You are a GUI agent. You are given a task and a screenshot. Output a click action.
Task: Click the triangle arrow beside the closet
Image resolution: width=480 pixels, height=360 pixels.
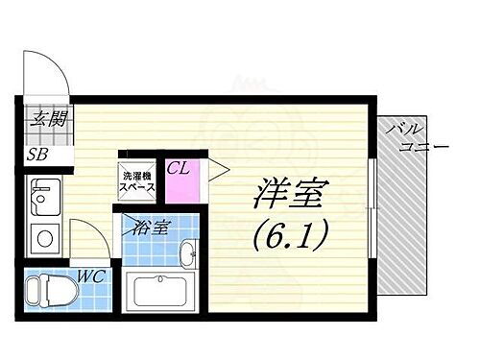point(217,172)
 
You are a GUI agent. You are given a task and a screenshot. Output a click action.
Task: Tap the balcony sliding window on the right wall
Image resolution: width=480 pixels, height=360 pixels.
point(371,205)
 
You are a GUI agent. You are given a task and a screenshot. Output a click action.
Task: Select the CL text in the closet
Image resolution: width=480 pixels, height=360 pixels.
point(178,169)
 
